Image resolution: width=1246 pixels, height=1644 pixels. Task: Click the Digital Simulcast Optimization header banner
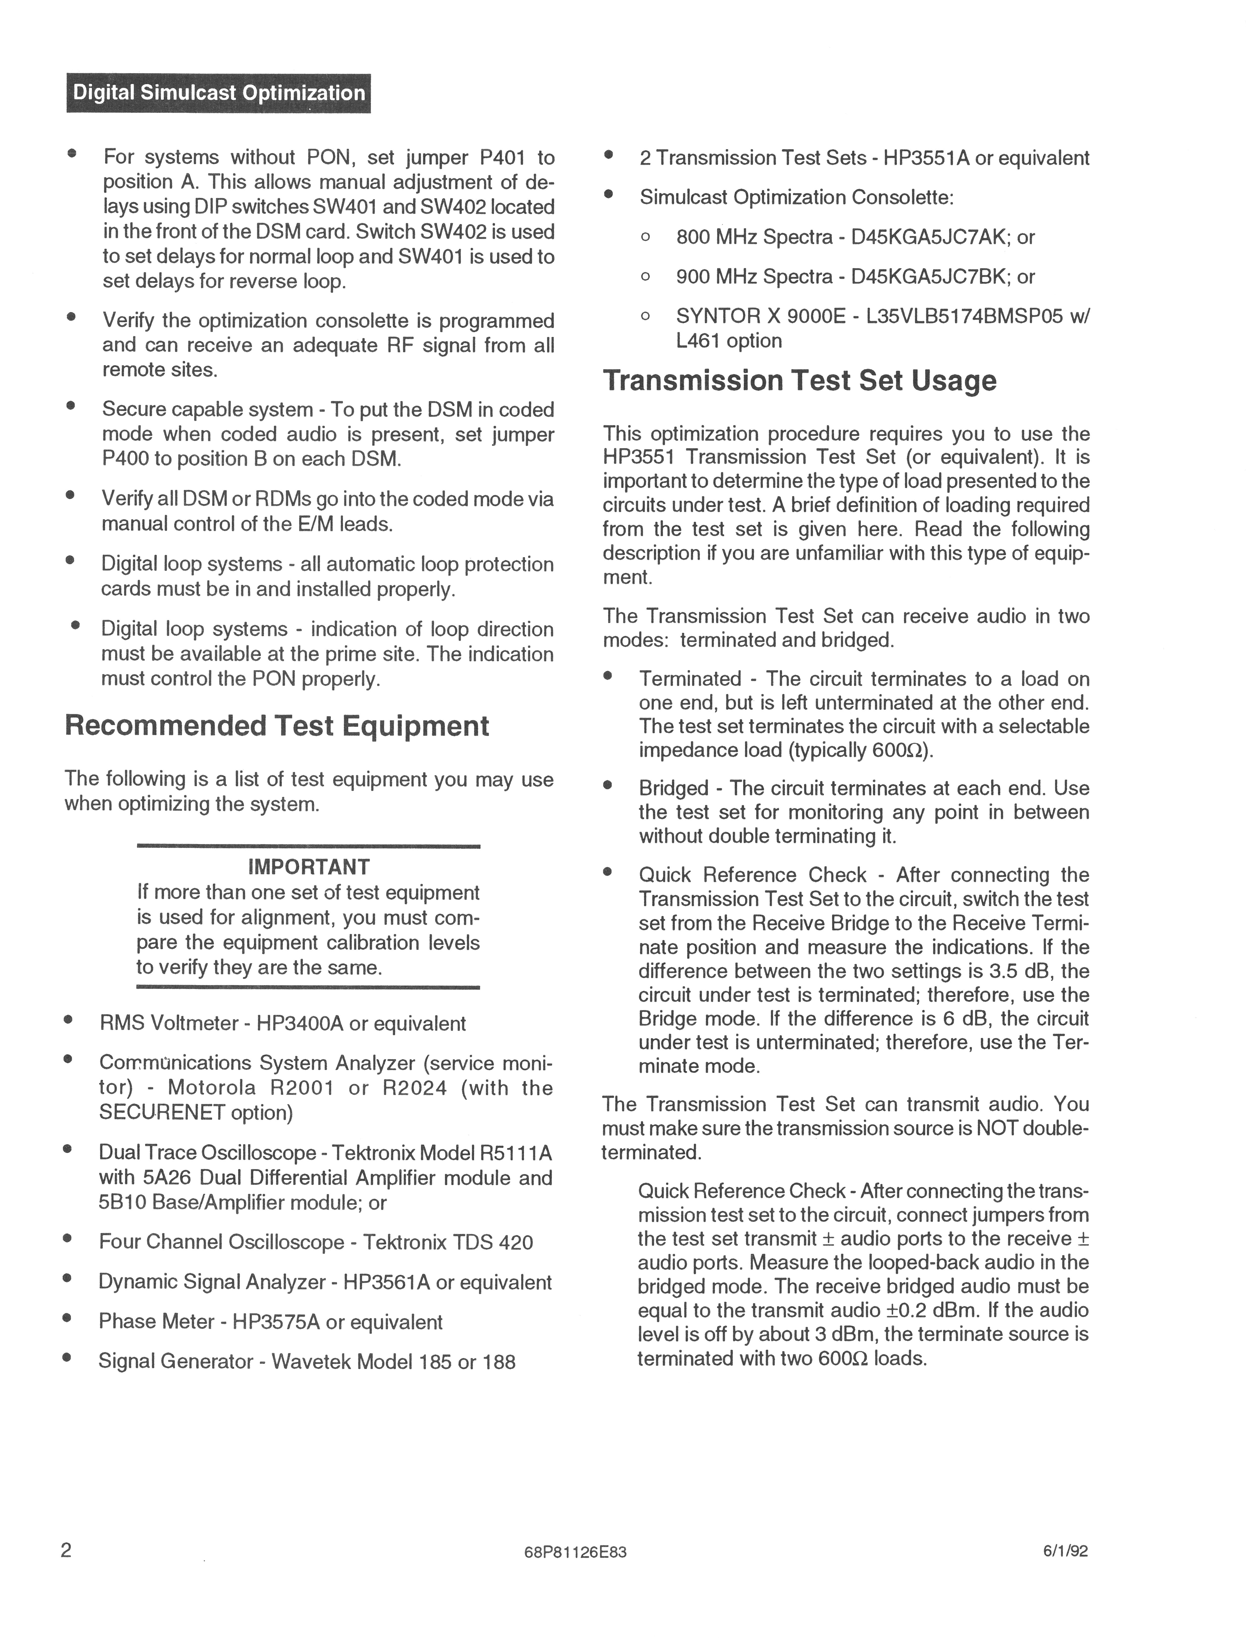(x=218, y=93)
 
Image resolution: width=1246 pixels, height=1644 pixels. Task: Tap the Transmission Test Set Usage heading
(x=800, y=381)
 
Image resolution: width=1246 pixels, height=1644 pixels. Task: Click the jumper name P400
(x=125, y=459)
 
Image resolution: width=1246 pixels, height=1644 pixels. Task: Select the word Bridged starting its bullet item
(x=673, y=788)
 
